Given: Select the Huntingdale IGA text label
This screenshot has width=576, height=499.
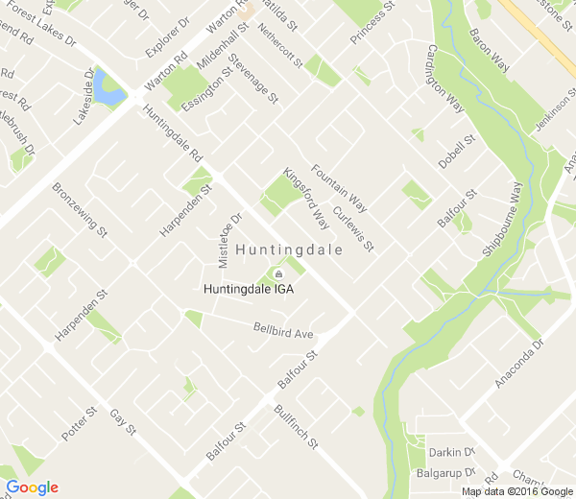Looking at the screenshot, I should coord(249,287).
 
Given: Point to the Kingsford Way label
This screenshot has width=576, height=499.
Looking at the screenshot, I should coord(306,200).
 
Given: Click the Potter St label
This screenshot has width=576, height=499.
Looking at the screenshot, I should coord(80,424).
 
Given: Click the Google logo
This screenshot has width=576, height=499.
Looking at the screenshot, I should coord(32,487).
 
